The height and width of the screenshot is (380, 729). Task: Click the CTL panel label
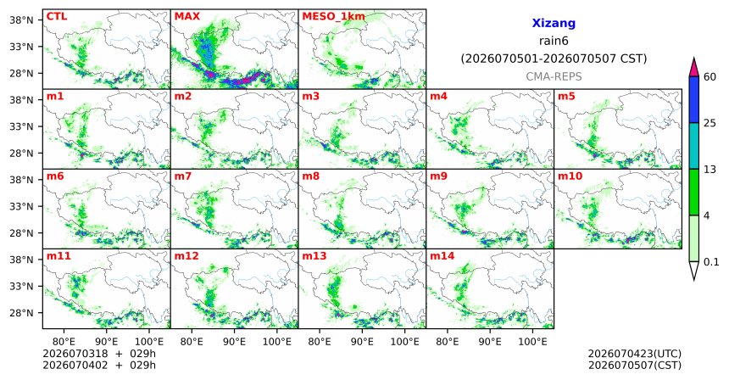point(57,17)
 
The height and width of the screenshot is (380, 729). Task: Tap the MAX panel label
point(186,17)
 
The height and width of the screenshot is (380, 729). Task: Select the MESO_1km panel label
point(333,17)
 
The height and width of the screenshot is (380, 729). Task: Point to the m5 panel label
point(566,97)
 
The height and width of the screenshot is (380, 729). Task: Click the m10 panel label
point(570,176)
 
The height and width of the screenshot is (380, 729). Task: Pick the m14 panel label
point(442,256)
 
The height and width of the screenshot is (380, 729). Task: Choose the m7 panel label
point(183,176)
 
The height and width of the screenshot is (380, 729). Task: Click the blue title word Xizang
point(554,23)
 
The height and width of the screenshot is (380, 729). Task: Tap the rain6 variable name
point(554,41)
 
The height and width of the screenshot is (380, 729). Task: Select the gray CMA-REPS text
point(554,76)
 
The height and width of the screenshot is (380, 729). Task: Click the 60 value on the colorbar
point(710,76)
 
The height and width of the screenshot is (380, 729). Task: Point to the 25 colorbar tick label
point(710,123)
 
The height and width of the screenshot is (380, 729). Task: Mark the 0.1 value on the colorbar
point(711,262)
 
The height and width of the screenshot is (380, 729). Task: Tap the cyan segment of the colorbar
point(693,146)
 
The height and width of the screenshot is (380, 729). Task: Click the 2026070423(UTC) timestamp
point(635,355)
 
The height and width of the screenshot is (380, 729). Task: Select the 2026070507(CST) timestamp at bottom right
point(635,366)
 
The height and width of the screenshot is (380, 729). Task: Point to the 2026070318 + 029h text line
point(99,354)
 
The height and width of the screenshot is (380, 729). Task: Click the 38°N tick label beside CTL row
point(21,20)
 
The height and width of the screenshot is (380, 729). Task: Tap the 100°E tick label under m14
point(532,342)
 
